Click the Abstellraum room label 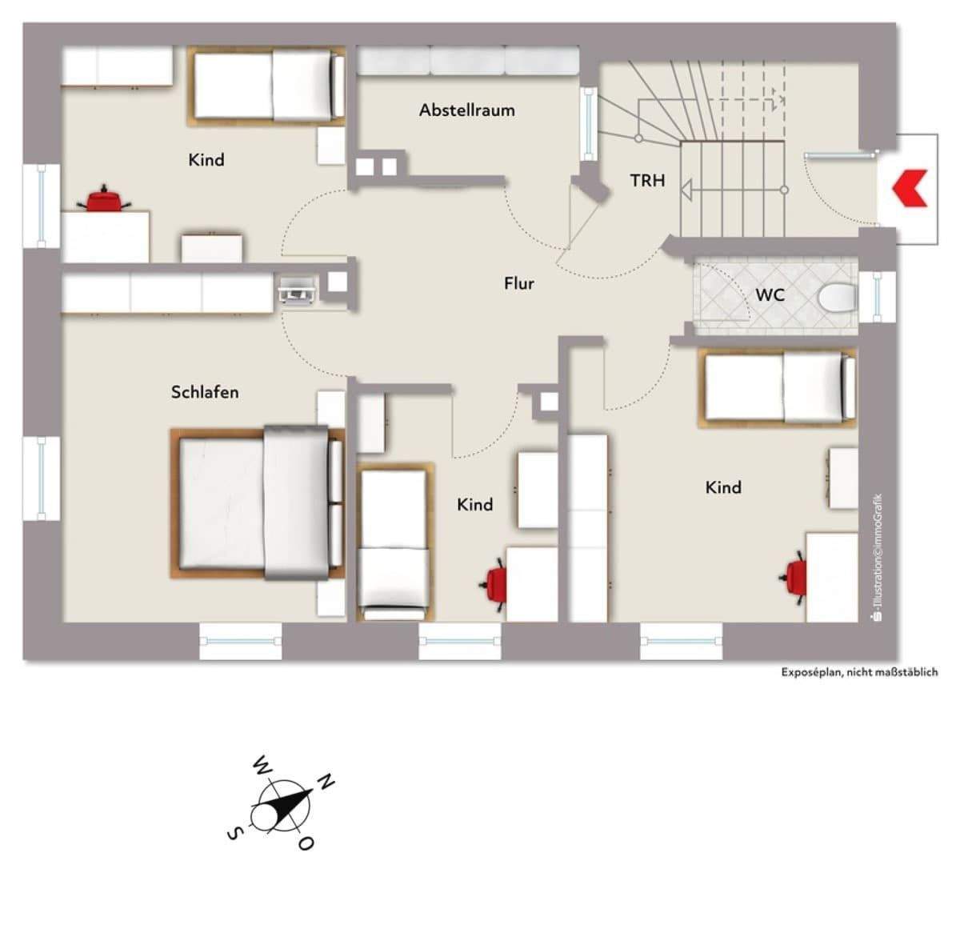[x=466, y=110]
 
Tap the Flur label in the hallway [x=519, y=283]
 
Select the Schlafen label [x=205, y=392]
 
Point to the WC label [x=770, y=295]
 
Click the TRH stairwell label [x=648, y=180]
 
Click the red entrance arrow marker [x=910, y=188]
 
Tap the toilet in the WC [x=837, y=298]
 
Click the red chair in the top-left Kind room [x=105, y=198]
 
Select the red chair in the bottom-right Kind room [x=794, y=578]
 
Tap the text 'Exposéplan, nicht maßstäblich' [x=859, y=672]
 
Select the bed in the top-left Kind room [x=266, y=86]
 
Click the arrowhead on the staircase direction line [x=686, y=190]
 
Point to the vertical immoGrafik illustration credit [x=878, y=557]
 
